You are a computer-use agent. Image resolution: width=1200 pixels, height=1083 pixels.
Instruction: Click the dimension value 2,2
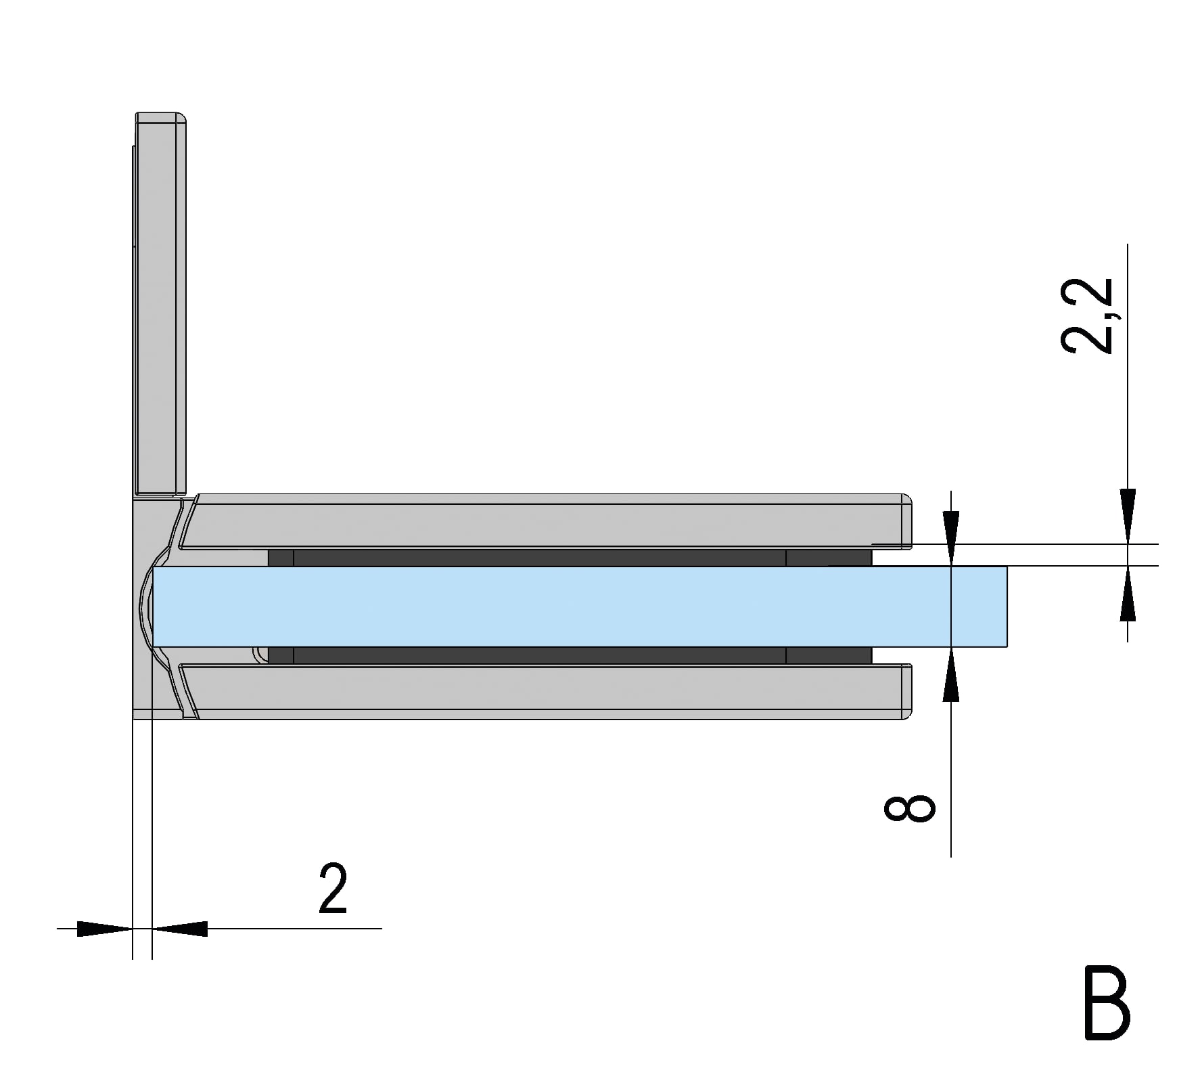pyautogui.click(x=1087, y=315)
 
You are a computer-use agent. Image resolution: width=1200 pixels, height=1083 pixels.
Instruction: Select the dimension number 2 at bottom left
pyautogui.click(x=333, y=889)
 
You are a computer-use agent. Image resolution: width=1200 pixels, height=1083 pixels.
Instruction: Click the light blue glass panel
pyautogui.click(x=541, y=606)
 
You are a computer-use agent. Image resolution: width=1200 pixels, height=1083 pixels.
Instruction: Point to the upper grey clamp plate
pyautogui.click(x=541, y=525)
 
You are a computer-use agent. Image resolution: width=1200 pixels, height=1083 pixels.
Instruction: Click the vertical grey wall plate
pyautogui.click(x=161, y=305)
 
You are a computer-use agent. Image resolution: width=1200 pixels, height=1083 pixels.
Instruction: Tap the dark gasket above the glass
pyautogui.click(x=541, y=558)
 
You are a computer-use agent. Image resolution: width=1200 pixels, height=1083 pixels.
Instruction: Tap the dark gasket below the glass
pyautogui.click(x=541, y=655)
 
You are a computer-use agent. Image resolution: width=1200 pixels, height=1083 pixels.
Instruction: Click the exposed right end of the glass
pyautogui.click(x=981, y=606)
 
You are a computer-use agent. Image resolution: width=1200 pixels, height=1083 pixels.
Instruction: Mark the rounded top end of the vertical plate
pyautogui.click(x=161, y=118)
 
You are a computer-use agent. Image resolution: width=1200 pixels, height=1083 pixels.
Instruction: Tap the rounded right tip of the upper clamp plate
pyautogui.click(x=907, y=521)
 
